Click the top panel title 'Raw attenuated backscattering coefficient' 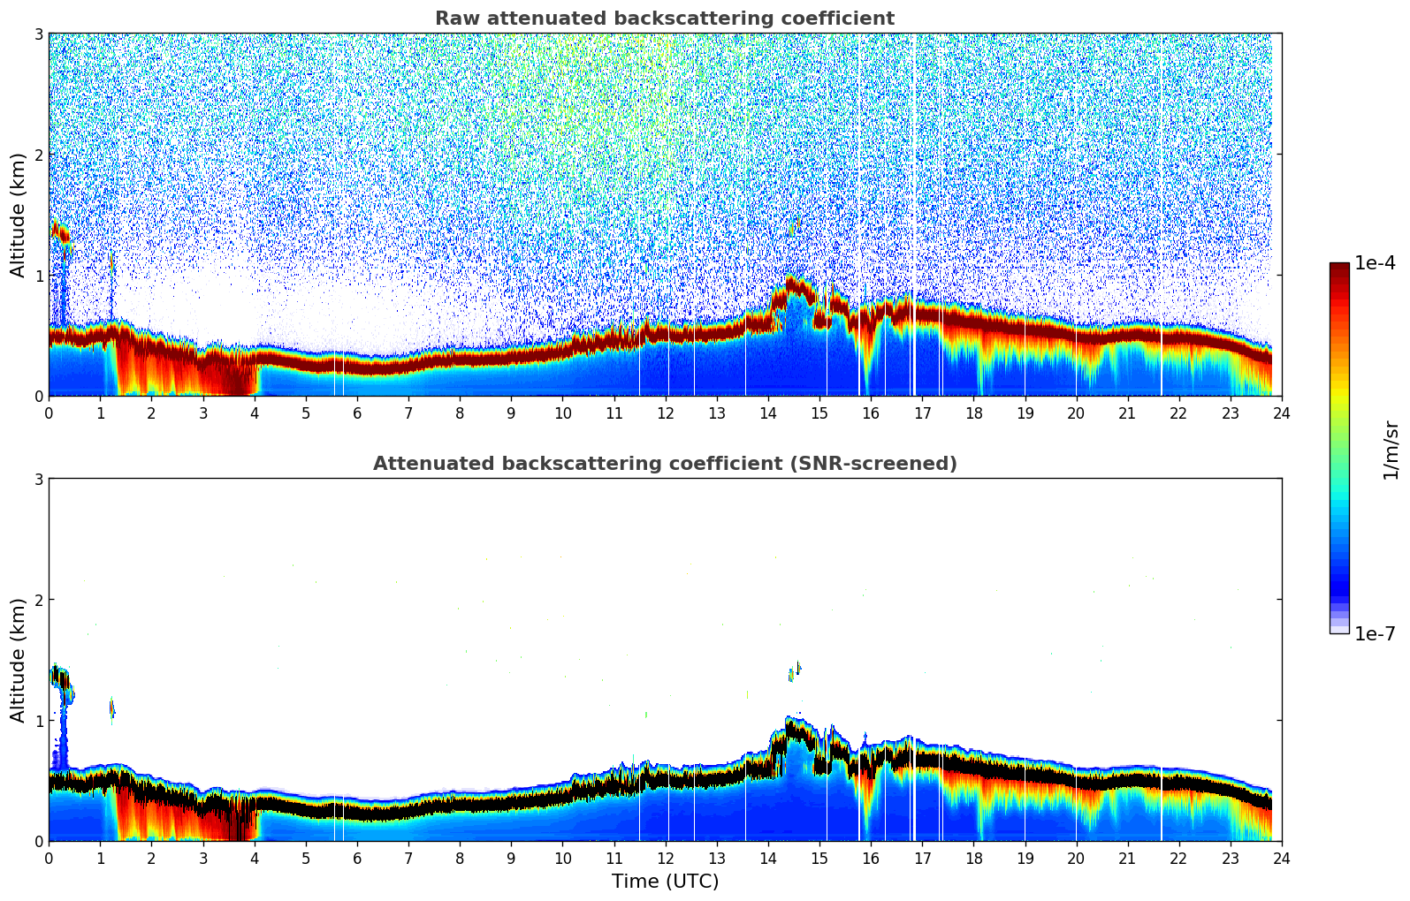coord(665,19)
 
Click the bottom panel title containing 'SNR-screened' coord(665,464)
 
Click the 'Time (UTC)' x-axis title coord(665,882)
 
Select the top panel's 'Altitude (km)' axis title coord(18,215)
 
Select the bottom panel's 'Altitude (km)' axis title coord(18,660)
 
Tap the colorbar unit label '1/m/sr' coord(1391,450)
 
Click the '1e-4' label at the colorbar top coord(1375,263)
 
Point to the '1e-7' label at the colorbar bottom coord(1375,633)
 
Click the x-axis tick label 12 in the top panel coord(665,413)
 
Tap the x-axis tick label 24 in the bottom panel coord(1281,859)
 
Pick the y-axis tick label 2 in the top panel coord(38,155)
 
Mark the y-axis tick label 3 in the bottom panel coord(38,479)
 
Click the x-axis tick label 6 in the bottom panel coord(356,859)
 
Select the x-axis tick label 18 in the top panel coord(973,413)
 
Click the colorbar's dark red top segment coord(1339,269)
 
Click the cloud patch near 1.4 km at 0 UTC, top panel coord(60,233)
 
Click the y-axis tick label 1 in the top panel coord(38,276)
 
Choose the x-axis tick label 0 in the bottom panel coord(49,859)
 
